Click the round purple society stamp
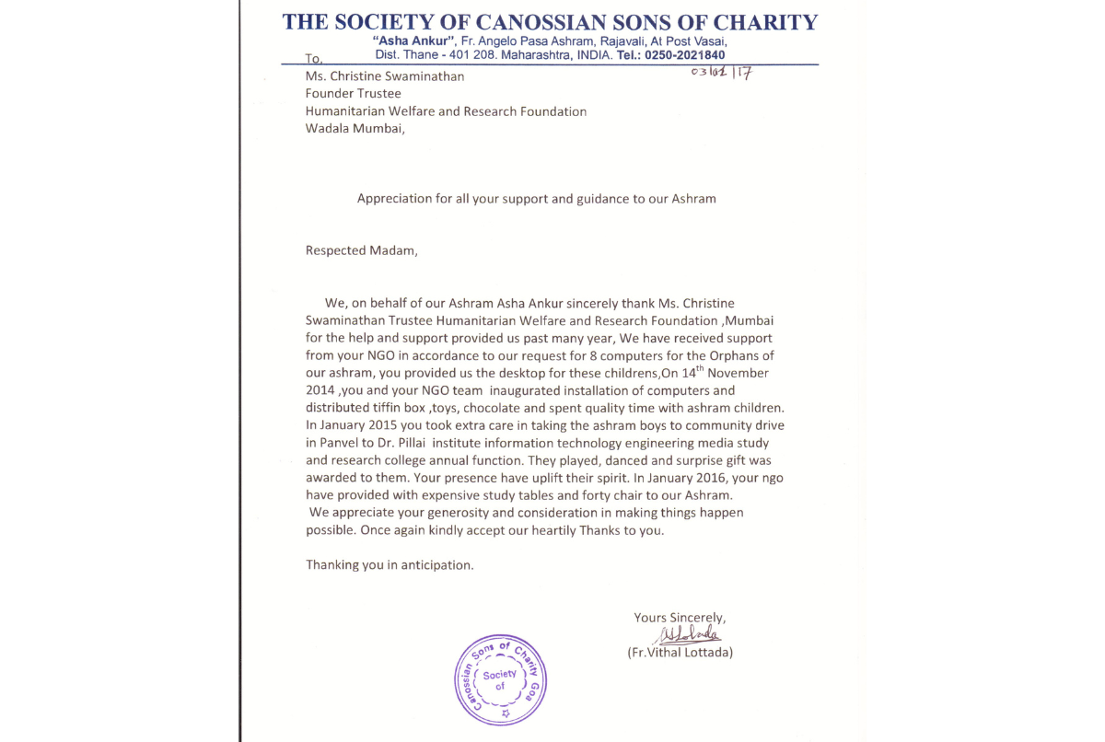[502, 679]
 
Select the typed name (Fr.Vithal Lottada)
[680, 653]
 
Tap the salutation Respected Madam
[361, 250]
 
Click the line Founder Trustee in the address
[354, 93]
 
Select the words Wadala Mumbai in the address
[355, 128]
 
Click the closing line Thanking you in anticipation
[390, 564]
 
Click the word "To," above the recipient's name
[314, 59]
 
